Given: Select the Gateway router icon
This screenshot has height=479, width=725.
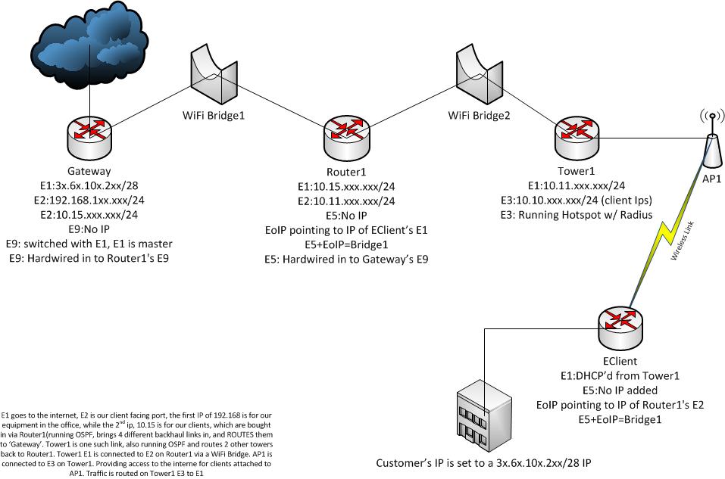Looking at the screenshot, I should (x=89, y=131).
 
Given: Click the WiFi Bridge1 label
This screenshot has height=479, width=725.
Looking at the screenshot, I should (x=214, y=117).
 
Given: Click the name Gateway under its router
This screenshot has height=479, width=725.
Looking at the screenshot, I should (x=89, y=172).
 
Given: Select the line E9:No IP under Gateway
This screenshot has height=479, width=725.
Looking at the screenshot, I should (x=89, y=229).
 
